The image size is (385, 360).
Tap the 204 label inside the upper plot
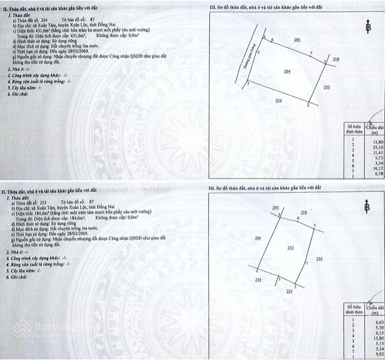coord(287,72)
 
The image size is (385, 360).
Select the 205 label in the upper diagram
coord(297,40)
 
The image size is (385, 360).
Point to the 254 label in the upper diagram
coord(279,100)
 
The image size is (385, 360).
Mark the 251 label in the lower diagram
coord(289,291)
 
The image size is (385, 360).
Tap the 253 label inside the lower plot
coord(290,247)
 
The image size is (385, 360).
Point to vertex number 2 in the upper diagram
coord(307,106)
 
